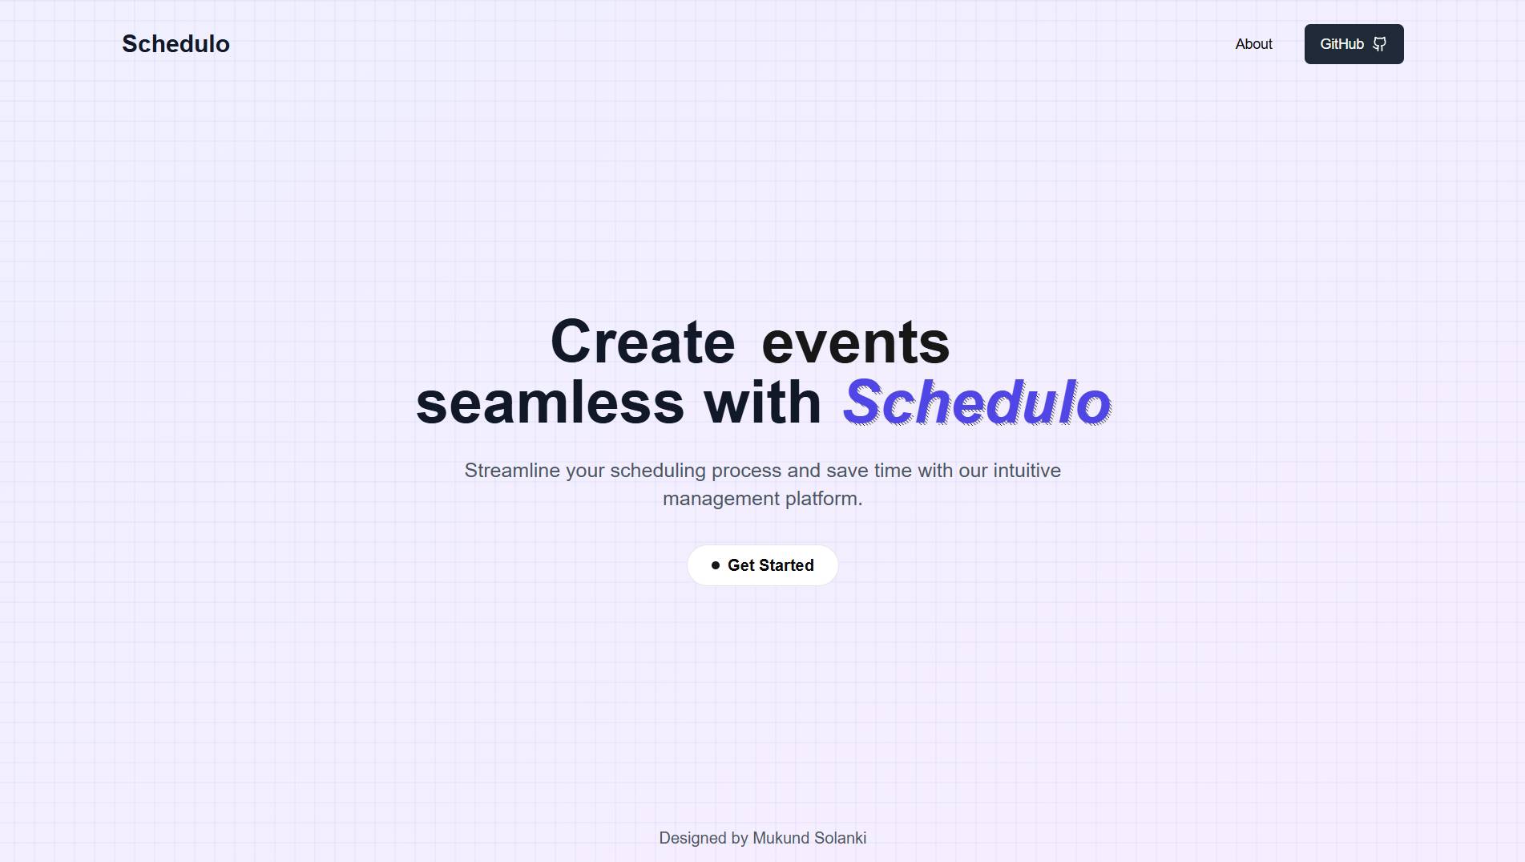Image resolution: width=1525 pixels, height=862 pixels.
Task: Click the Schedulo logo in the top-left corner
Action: pyautogui.click(x=175, y=44)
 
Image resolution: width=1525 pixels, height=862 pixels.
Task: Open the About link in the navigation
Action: pyautogui.click(x=1253, y=44)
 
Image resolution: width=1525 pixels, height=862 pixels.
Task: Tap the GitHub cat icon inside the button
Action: pyautogui.click(x=1379, y=44)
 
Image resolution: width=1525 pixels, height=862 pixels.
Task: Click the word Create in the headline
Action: pyautogui.click(x=643, y=342)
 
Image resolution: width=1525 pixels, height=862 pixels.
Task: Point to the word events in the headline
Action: pyautogui.click(x=855, y=342)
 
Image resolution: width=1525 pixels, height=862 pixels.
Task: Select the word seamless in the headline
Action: pyautogui.click(x=550, y=403)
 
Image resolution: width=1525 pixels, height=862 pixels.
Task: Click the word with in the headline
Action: pyautogui.click(x=762, y=403)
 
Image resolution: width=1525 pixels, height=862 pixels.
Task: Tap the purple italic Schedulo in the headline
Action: pyautogui.click(x=977, y=403)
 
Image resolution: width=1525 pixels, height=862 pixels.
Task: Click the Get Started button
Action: pyautogui.click(x=763, y=565)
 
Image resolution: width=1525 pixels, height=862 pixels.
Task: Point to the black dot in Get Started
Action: pyautogui.click(x=716, y=565)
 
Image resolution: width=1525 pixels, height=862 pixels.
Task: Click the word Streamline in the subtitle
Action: pyautogui.click(x=512, y=471)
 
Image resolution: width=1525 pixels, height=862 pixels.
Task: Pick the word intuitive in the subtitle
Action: pyautogui.click(x=1027, y=471)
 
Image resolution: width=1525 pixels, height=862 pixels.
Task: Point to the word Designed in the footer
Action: pyautogui.click(x=692, y=838)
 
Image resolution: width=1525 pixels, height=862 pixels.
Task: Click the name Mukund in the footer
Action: pyautogui.click(x=781, y=838)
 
